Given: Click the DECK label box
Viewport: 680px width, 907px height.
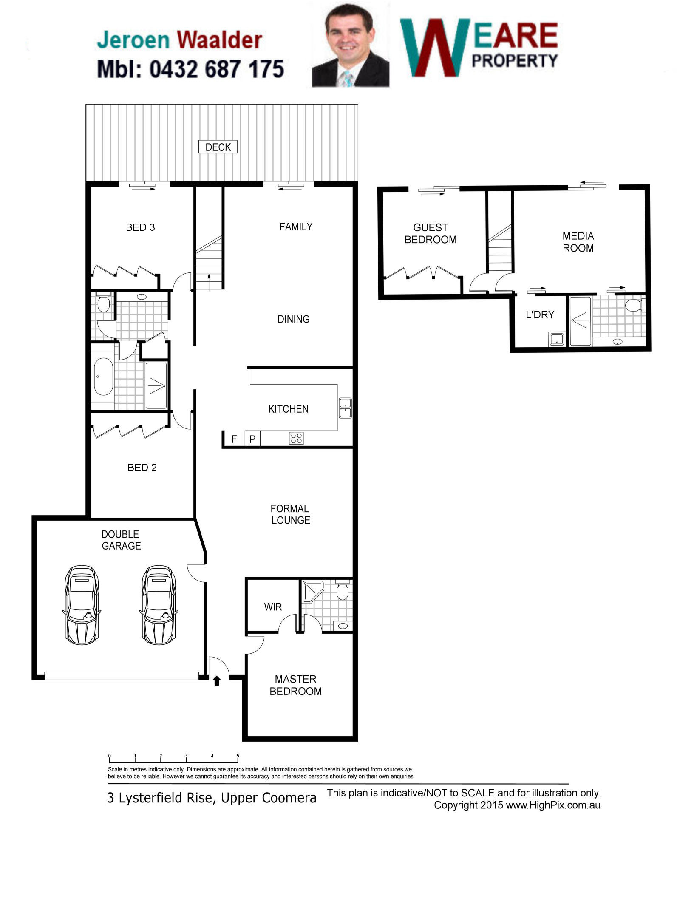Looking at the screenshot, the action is (x=218, y=147).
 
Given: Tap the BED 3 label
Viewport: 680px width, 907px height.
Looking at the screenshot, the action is (x=140, y=227).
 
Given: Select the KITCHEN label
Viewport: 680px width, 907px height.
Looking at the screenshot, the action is (x=288, y=409).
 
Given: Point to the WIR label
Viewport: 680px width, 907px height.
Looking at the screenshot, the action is (x=273, y=607).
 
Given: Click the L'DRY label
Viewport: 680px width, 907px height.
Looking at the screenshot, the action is (x=540, y=315).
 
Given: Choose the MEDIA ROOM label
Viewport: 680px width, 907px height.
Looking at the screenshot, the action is (x=578, y=242).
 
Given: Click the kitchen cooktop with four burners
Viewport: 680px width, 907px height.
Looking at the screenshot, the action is (x=296, y=438).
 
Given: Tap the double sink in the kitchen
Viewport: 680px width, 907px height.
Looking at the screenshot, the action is (x=345, y=408).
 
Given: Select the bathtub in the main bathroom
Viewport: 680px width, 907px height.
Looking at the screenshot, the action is (x=103, y=377).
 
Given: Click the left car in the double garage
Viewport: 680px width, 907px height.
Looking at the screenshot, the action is (x=82, y=604).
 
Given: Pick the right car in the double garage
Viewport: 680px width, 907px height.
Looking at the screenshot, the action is (x=158, y=604).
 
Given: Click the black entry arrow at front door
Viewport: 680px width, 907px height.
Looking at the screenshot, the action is (x=217, y=681).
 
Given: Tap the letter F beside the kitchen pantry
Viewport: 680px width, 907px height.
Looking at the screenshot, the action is (x=234, y=439).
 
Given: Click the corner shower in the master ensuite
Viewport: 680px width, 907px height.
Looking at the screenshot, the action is (x=313, y=591).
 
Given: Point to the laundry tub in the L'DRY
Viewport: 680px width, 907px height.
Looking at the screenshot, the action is (x=556, y=339).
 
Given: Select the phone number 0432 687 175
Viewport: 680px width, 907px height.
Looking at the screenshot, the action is (x=216, y=69).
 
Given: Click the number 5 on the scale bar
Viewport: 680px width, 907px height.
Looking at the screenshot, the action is (x=238, y=756).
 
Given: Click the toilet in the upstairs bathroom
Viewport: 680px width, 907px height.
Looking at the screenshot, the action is (x=635, y=305).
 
